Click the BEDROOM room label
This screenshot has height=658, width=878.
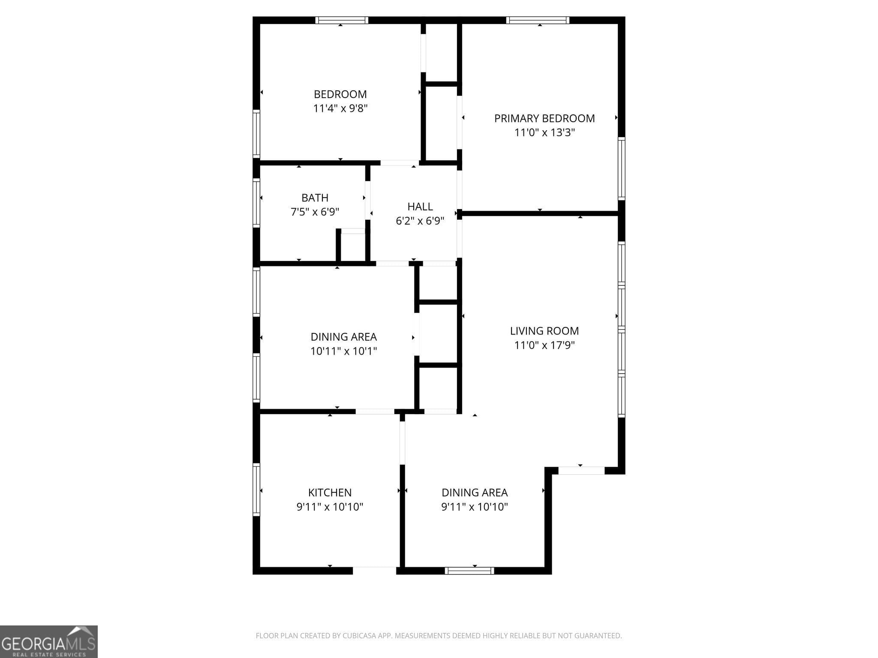[340, 94]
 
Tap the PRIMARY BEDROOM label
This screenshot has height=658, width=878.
[544, 118]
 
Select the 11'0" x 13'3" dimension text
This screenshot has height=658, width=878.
[544, 132]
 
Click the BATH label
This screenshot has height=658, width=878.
[315, 198]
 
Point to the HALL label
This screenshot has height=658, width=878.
[420, 206]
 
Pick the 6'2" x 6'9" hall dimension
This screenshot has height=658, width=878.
[420, 221]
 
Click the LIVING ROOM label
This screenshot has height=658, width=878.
[544, 331]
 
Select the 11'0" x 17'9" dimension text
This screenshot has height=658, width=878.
[544, 345]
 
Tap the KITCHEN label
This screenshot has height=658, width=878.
[330, 493]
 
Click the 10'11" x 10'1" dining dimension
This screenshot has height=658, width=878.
[343, 351]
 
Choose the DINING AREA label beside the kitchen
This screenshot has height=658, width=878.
[475, 493]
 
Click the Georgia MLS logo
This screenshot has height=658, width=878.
[48, 641]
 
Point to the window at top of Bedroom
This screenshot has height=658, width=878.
[342, 20]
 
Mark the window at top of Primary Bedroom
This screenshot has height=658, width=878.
[538, 20]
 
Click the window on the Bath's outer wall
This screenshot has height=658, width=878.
[256, 203]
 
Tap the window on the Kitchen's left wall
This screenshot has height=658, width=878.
[256, 489]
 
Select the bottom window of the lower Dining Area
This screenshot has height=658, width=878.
[469, 571]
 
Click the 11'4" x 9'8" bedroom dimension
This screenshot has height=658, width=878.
[340, 108]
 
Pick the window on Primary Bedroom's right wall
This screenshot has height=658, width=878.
[621, 168]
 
